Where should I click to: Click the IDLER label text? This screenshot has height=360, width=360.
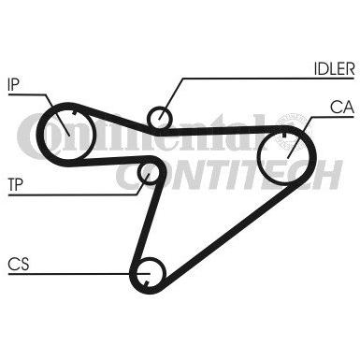click(x=334, y=68)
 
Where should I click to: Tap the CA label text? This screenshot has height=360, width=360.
click(x=342, y=108)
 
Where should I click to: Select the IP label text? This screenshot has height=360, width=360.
click(x=13, y=84)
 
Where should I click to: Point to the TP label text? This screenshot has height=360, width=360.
click(x=15, y=184)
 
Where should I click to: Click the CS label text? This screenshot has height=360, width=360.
click(x=19, y=265)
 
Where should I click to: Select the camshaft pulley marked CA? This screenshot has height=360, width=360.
click(x=284, y=156)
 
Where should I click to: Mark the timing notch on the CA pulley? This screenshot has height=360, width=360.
click(x=284, y=136)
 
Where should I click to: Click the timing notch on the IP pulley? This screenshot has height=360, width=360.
click(x=74, y=113)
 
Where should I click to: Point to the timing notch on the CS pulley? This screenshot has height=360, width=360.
click(x=146, y=283)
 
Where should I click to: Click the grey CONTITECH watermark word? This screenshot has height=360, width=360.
click(x=229, y=175)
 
